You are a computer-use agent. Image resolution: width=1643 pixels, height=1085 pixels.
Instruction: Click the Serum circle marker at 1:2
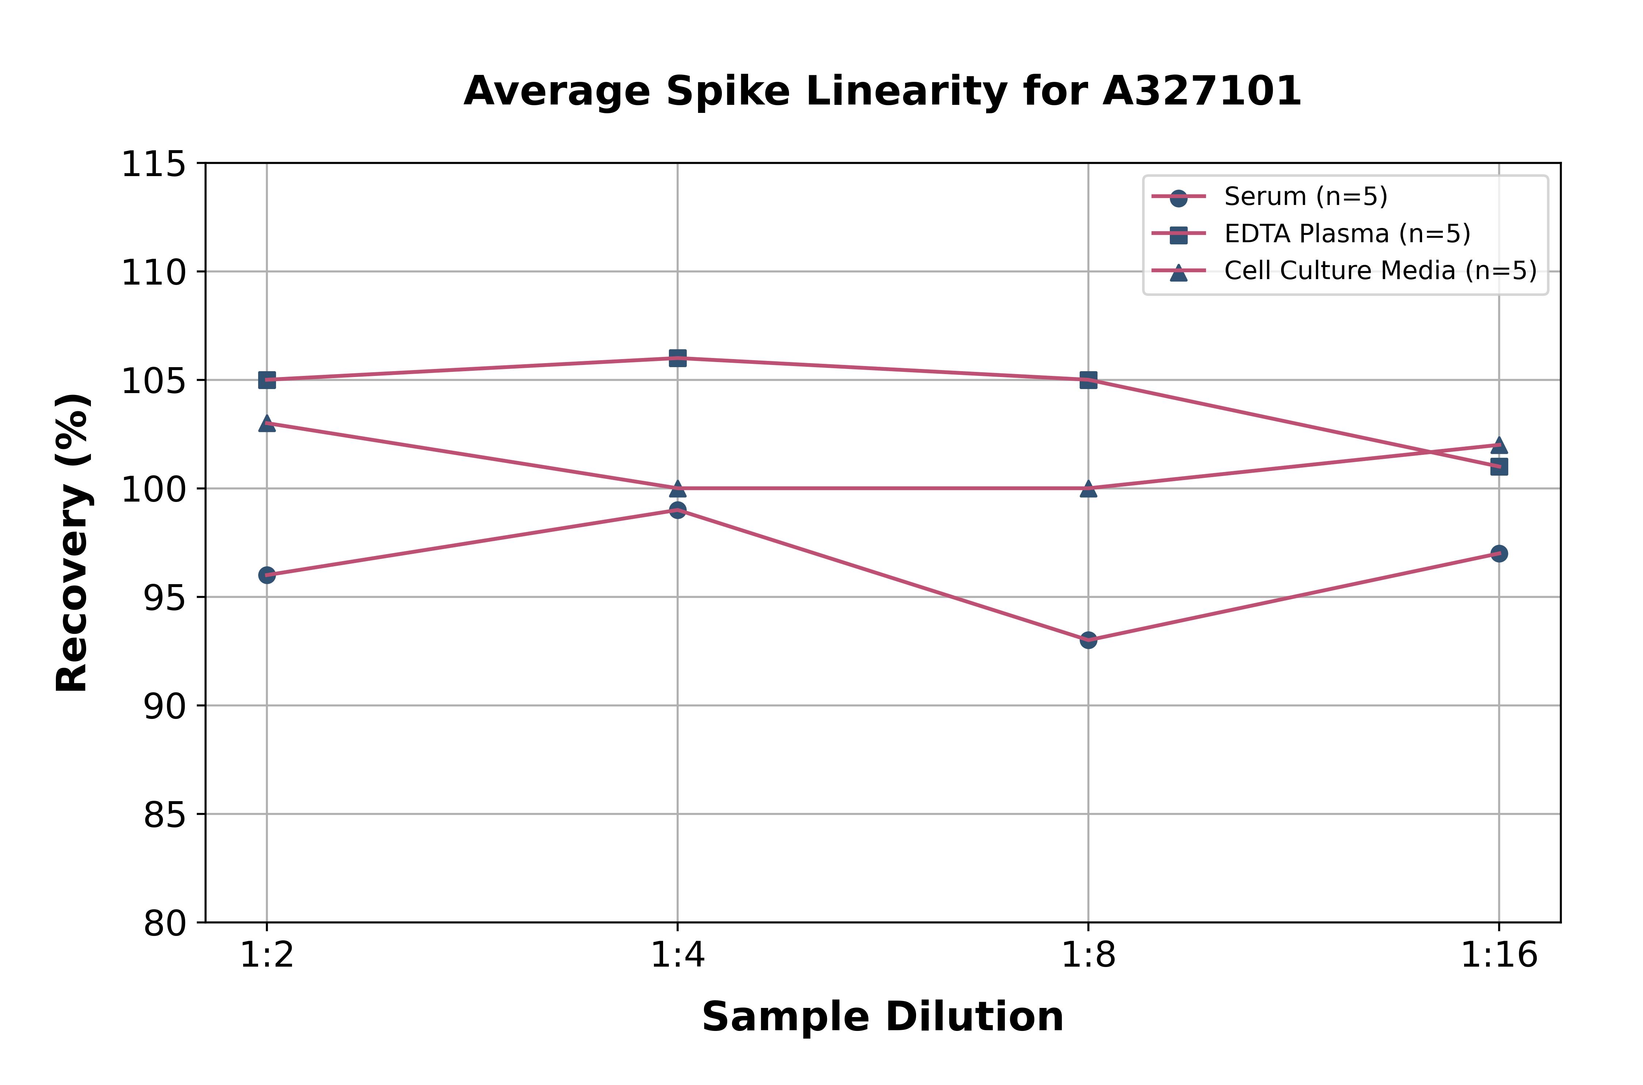point(267,575)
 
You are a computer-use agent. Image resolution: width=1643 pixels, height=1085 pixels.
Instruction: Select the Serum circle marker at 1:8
point(1088,640)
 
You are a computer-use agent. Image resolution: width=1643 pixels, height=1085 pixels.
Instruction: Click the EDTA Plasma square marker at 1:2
point(267,380)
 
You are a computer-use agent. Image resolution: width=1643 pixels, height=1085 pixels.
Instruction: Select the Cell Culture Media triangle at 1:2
point(267,423)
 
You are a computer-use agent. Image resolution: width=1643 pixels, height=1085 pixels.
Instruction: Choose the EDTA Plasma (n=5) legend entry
point(1347,234)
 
